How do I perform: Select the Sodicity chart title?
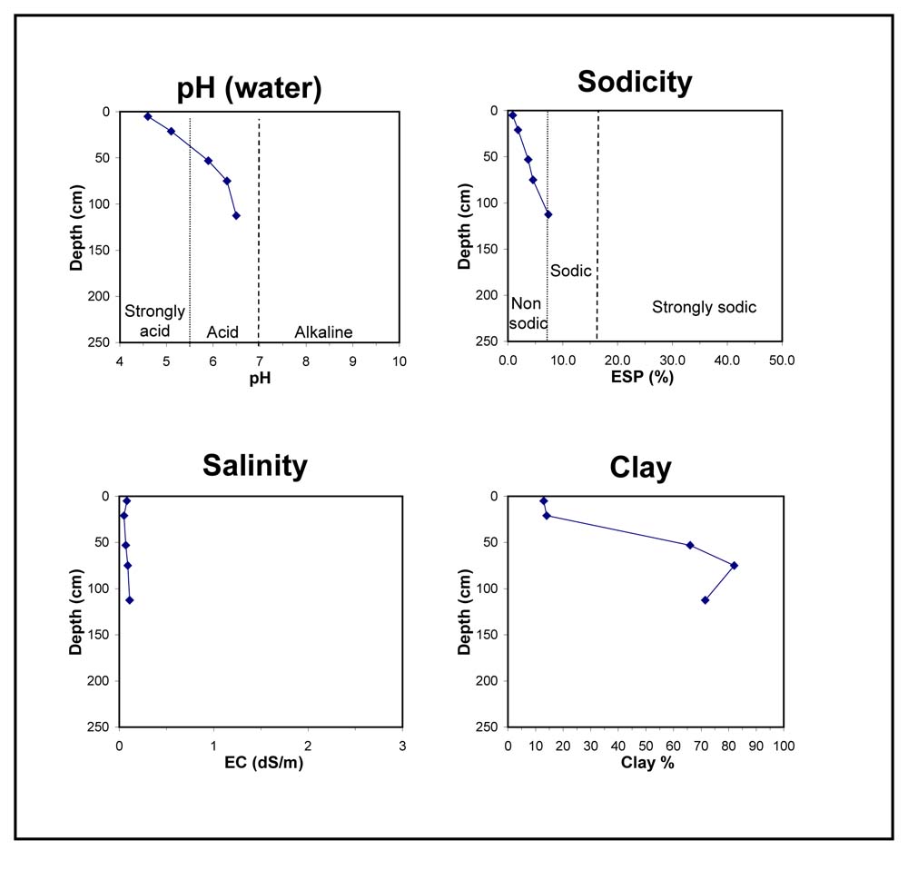point(635,82)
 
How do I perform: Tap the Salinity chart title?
point(255,465)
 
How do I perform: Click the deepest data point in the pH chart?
point(236,215)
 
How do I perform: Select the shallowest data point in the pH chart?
point(147,116)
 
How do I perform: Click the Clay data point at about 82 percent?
point(734,565)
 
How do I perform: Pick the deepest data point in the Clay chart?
point(705,599)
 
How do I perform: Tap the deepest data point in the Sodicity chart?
point(548,214)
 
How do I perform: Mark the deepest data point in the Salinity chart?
point(130,600)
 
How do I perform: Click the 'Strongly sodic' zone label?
point(704,308)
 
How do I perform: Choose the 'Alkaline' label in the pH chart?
point(323,332)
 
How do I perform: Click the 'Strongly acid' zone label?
point(154,321)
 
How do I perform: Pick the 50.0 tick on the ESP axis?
point(781,360)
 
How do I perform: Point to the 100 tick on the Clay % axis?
point(783,746)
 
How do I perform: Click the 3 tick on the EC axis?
point(402,746)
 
